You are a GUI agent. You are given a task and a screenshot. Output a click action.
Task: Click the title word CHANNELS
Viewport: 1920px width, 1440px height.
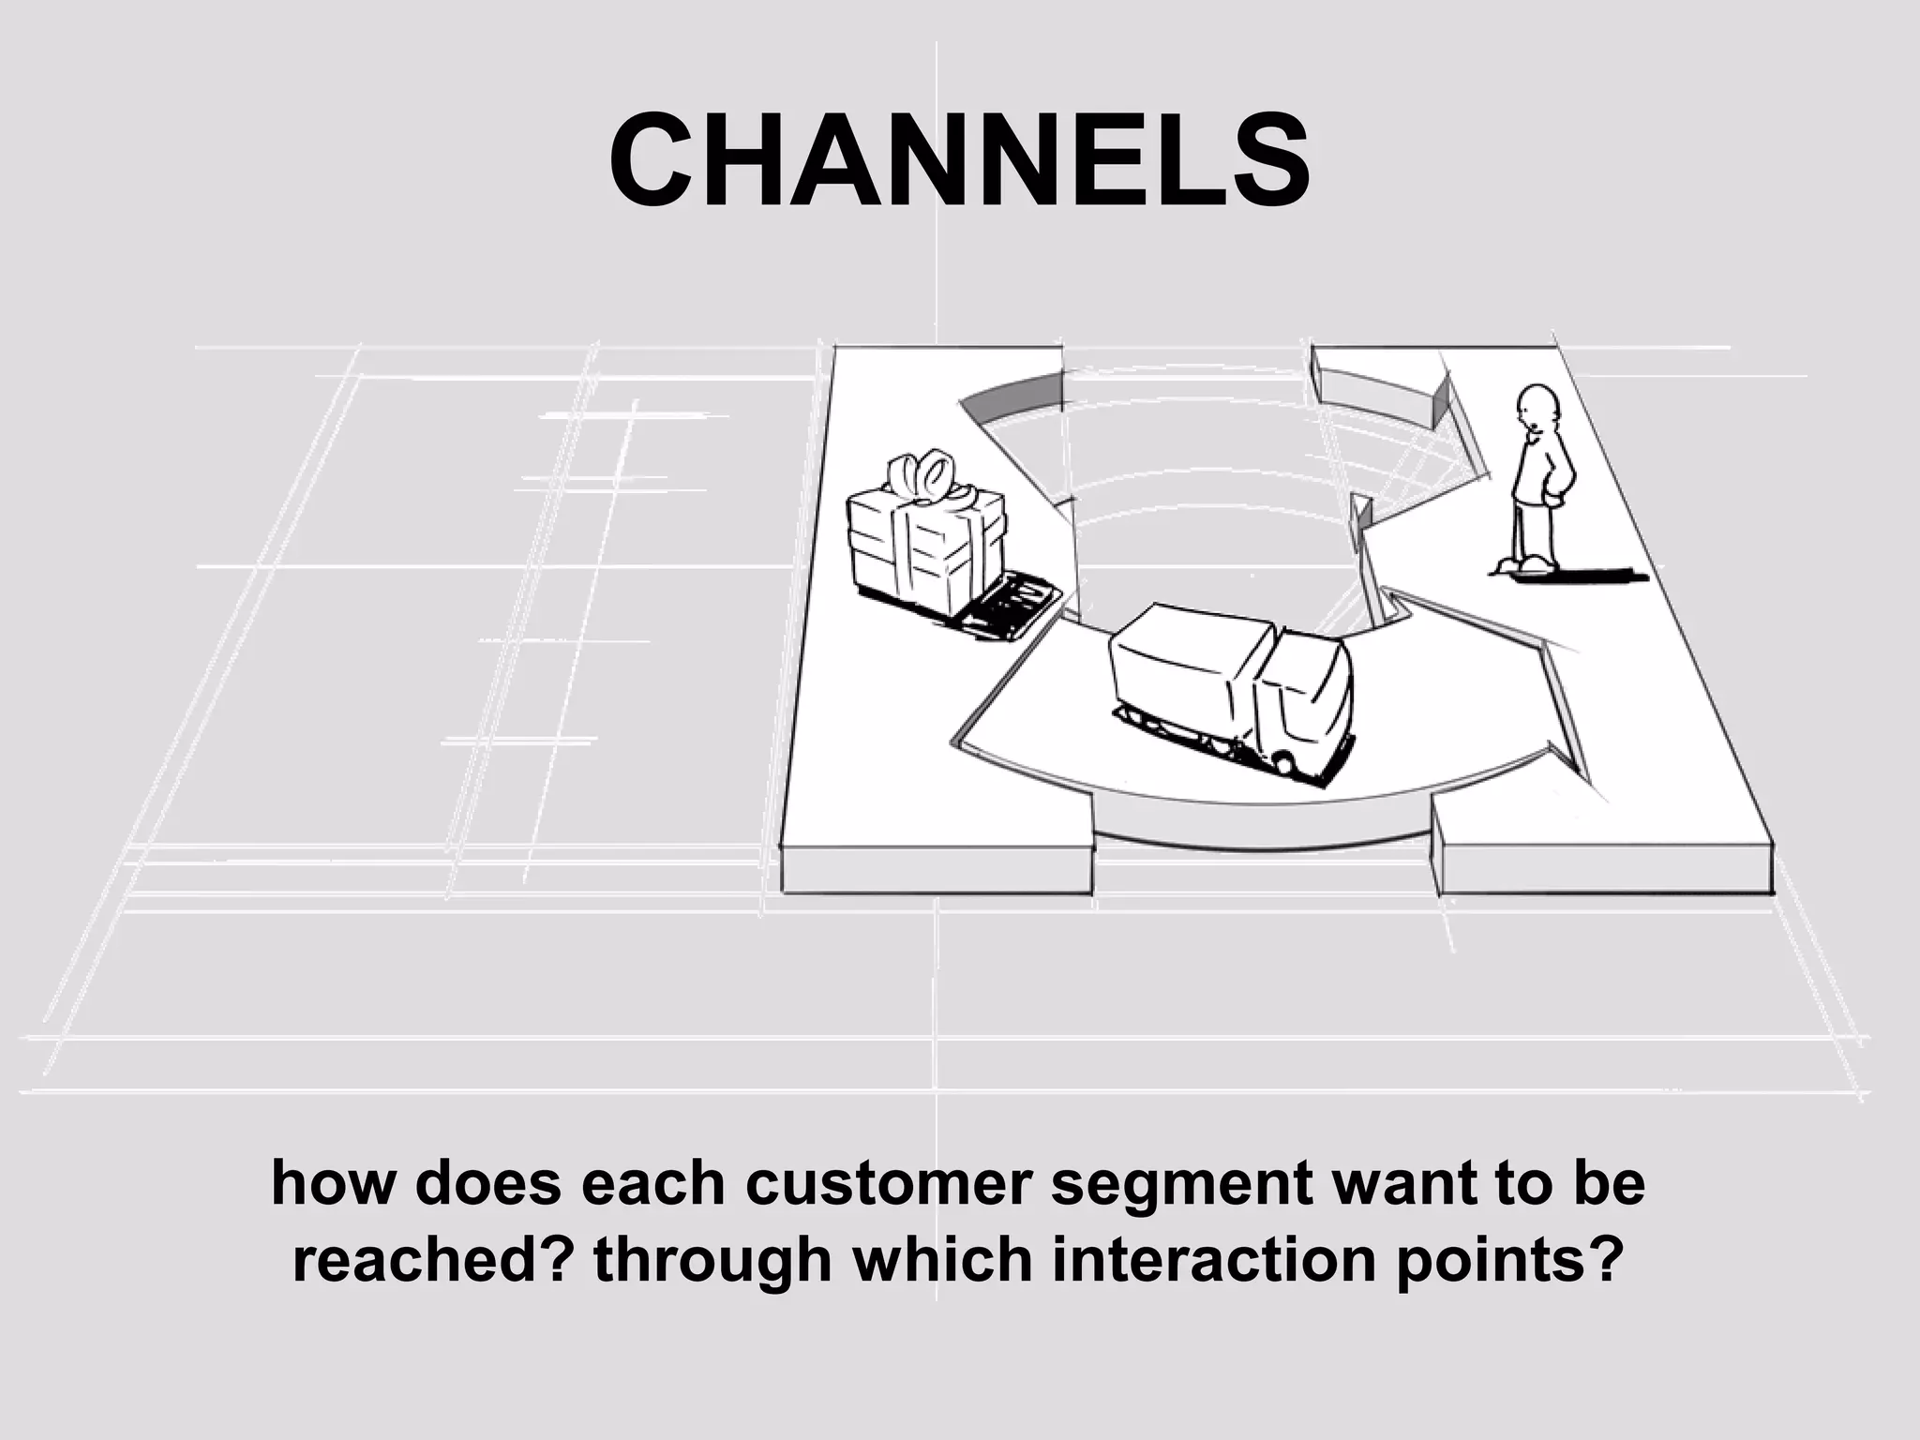[x=959, y=160]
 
